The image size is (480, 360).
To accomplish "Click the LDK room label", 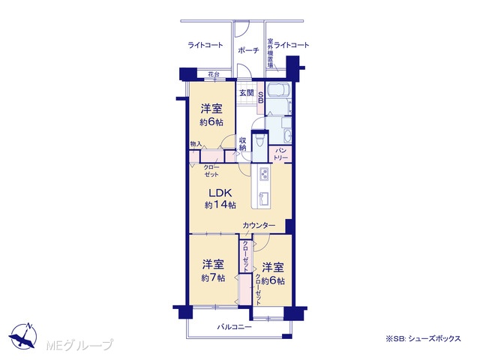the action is click(220, 193).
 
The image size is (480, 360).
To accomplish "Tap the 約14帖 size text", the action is click(220, 205).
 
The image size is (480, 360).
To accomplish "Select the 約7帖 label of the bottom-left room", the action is click(213, 277).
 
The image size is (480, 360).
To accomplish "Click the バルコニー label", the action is click(235, 327).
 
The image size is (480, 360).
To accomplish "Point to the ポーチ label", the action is click(248, 50).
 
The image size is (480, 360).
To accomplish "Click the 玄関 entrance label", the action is click(247, 92).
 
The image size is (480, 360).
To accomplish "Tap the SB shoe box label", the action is click(261, 97).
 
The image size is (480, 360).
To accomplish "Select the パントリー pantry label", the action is click(280, 154).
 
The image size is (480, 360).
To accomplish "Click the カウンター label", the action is click(259, 226).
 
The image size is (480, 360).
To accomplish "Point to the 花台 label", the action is click(214, 74).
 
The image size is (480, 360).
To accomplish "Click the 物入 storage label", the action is click(196, 143).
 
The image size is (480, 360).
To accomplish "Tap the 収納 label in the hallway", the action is click(243, 144).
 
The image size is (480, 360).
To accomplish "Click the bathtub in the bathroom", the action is click(278, 90).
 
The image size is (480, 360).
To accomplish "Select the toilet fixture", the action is click(259, 141).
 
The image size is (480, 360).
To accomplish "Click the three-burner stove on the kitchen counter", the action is click(264, 175).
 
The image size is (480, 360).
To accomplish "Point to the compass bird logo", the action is click(23, 336).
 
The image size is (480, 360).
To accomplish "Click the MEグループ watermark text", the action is click(80, 345).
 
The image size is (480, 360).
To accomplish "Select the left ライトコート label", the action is click(205, 45).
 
